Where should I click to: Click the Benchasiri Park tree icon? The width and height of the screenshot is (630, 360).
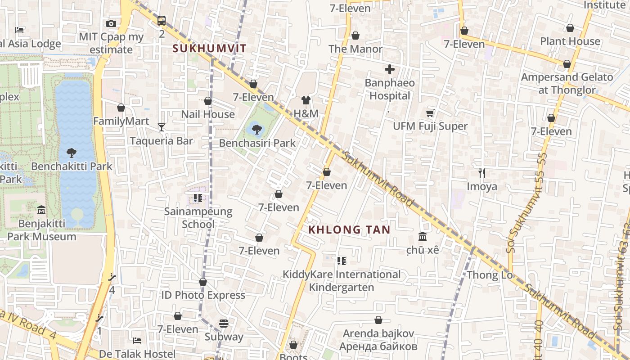(x=256, y=130)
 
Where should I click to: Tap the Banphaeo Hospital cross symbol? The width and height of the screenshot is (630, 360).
(x=390, y=69)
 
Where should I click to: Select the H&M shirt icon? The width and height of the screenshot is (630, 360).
(x=306, y=100)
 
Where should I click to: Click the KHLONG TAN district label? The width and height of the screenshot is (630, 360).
(x=349, y=229)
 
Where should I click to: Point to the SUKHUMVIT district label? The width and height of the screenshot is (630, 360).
(x=210, y=49)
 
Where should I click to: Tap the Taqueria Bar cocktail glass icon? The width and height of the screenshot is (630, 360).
(x=162, y=127)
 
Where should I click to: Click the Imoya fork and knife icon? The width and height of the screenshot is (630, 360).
(x=482, y=173)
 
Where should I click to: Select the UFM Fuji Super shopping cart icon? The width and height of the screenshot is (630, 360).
(x=430, y=113)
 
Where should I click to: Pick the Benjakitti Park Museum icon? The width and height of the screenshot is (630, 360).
(x=41, y=210)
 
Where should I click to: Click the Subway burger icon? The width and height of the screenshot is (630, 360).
(x=224, y=323)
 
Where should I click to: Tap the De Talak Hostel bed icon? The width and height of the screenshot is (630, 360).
(x=137, y=341)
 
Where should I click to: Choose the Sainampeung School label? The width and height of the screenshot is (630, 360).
(x=198, y=217)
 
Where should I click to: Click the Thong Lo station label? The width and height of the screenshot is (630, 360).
(x=490, y=274)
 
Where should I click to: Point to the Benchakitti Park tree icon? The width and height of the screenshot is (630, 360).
(x=72, y=153)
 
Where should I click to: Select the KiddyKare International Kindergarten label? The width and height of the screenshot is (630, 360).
(x=342, y=281)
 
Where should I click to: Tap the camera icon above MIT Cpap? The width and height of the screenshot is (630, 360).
(x=111, y=23)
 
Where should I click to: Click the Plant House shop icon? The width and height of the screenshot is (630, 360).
(x=570, y=28)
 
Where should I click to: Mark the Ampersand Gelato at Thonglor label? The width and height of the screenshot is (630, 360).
(x=567, y=83)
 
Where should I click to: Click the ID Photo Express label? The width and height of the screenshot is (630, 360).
(x=203, y=295)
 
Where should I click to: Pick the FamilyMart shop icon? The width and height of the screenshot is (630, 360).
(x=121, y=108)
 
